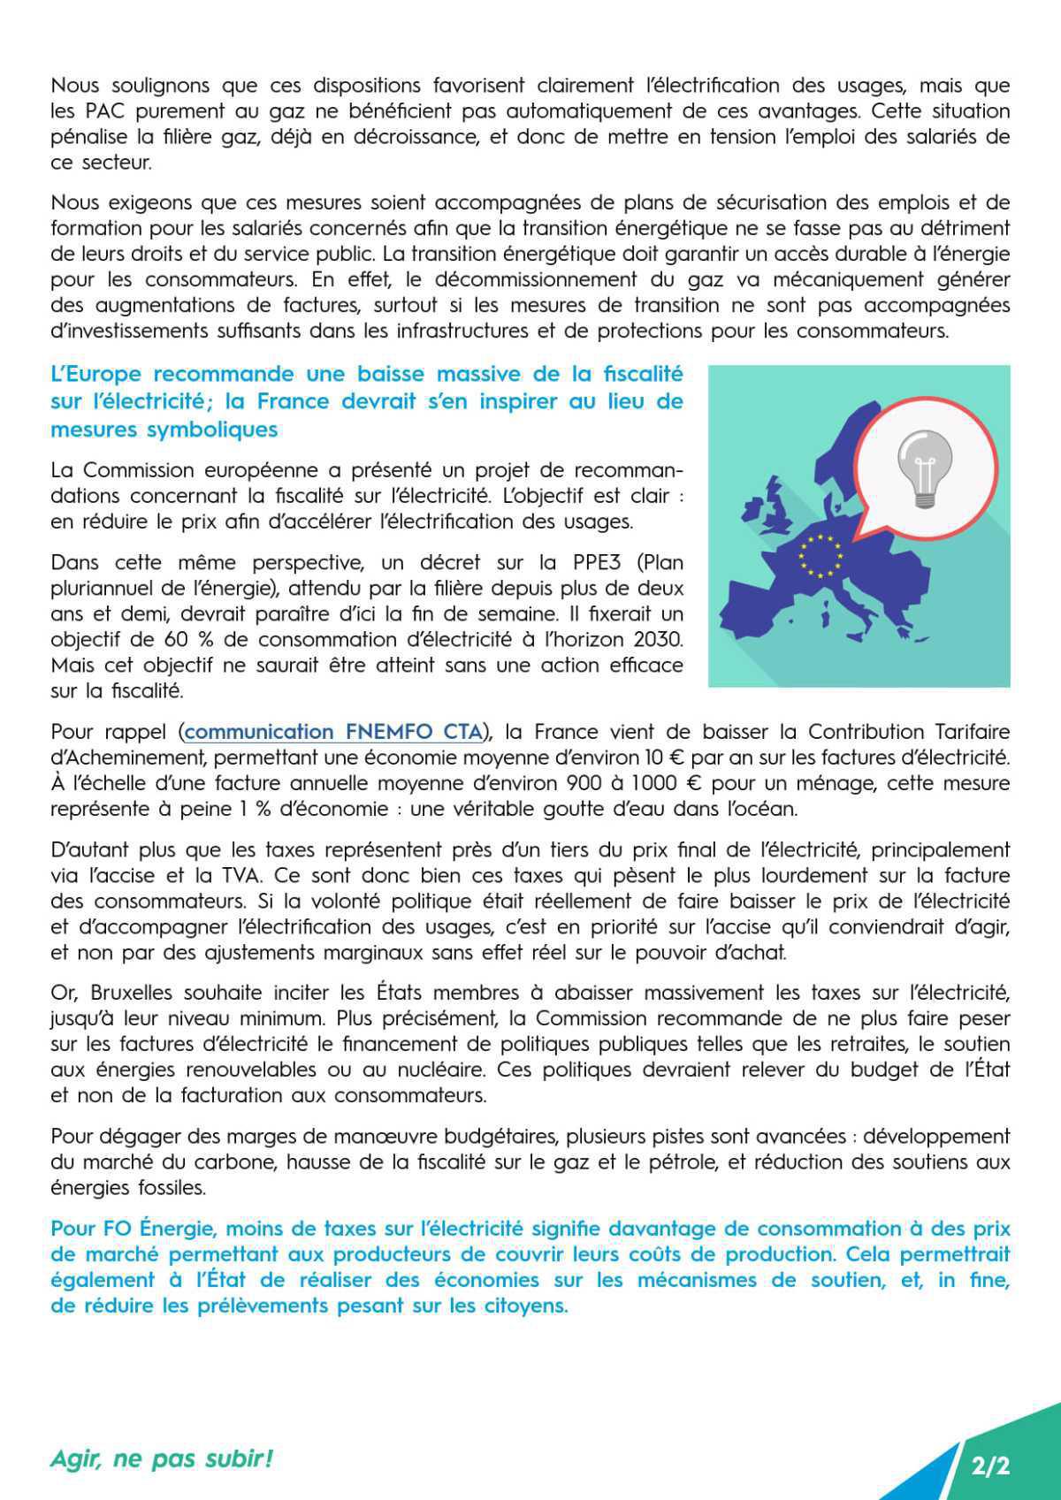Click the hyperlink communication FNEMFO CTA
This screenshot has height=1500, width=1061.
pos(334,732)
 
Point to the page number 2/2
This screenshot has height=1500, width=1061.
pos(989,1466)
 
